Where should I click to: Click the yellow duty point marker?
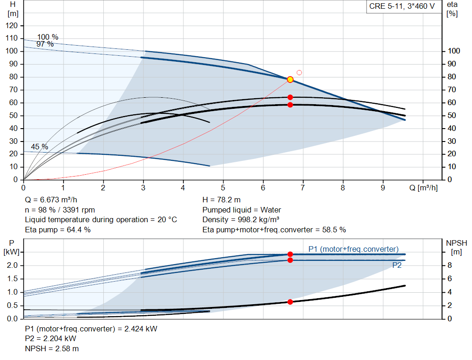point(290,79)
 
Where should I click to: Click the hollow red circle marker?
point(299,72)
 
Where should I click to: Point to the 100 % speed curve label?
point(47,37)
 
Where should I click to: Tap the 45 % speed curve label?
point(40,147)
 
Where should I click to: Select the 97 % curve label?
point(45,44)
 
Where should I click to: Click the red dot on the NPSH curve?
point(290,302)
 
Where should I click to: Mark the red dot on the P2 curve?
point(290,260)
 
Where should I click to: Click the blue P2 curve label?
point(397,265)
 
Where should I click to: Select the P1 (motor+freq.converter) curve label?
point(354,249)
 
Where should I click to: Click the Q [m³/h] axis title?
point(423,188)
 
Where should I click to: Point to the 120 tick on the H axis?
point(12,26)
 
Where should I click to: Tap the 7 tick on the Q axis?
point(302,188)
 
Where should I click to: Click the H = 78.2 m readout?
point(221,200)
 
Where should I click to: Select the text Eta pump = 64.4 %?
point(58,230)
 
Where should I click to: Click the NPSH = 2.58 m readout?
point(52,349)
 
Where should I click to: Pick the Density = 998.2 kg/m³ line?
point(241,220)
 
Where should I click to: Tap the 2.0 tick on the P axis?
point(12,266)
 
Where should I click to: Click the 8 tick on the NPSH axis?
point(449,266)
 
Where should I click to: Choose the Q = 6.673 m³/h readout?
point(51,200)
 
